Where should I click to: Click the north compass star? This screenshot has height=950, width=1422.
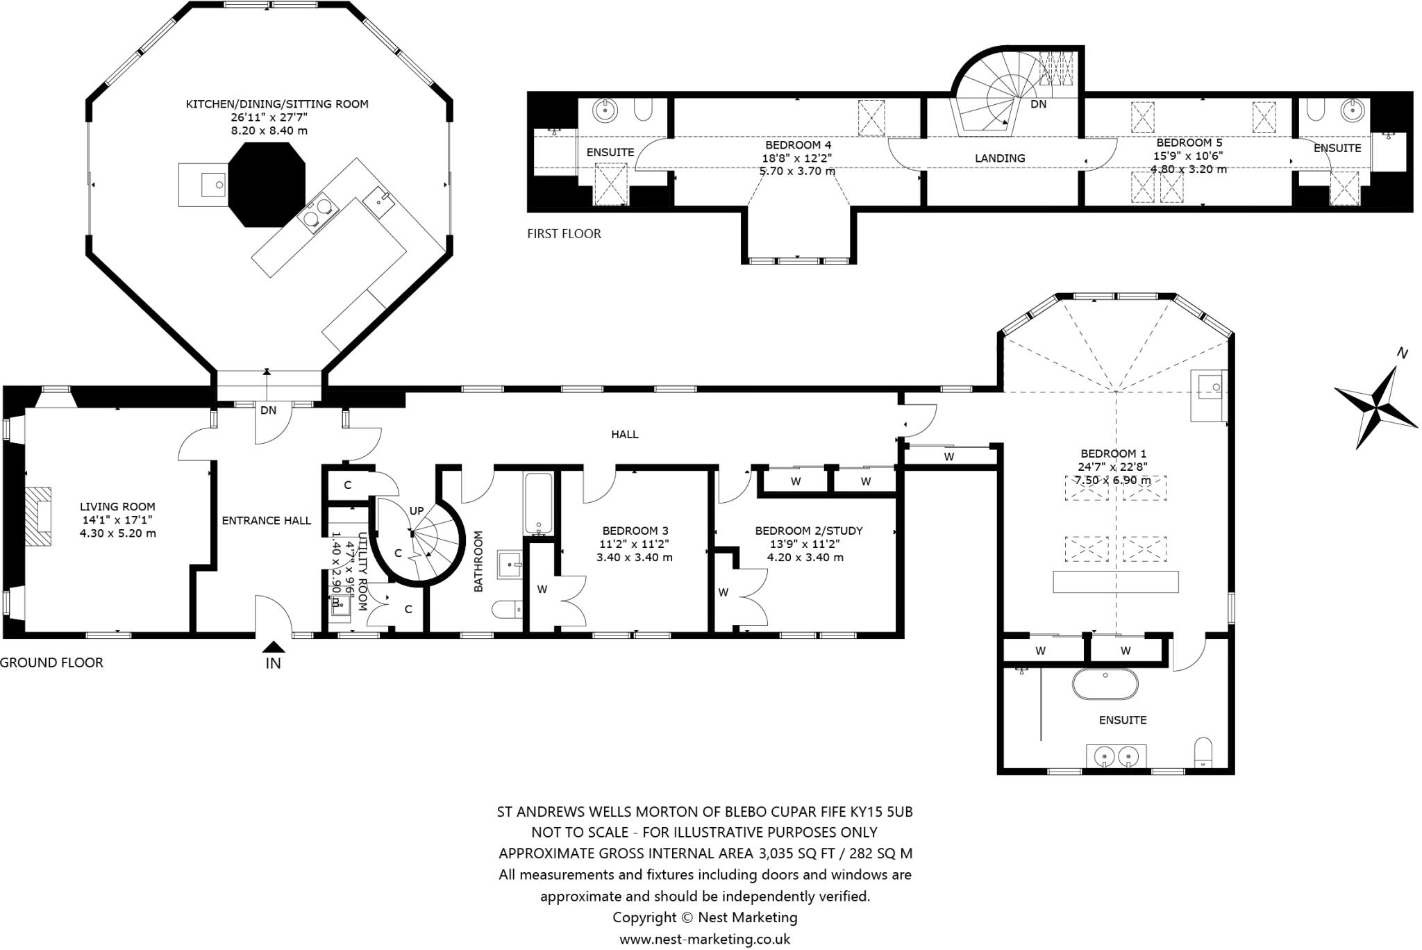(x=1375, y=407)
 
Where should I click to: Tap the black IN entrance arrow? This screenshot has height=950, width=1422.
(x=273, y=647)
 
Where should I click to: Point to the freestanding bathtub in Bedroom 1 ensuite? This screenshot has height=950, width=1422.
(x=1105, y=684)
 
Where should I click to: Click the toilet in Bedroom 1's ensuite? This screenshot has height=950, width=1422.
(x=1203, y=753)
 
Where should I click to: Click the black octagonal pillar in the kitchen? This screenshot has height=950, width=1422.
(x=267, y=184)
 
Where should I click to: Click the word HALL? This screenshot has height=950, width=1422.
(x=624, y=435)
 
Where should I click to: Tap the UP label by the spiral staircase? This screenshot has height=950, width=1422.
(x=416, y=511)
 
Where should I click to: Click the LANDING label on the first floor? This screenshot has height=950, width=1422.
(x=999, y=158)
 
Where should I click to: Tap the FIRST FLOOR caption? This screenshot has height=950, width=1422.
(x=564, y=234)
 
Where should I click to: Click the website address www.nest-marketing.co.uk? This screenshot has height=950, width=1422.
(x=705, y=940)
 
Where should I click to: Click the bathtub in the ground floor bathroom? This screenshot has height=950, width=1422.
(x=539, y=503)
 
